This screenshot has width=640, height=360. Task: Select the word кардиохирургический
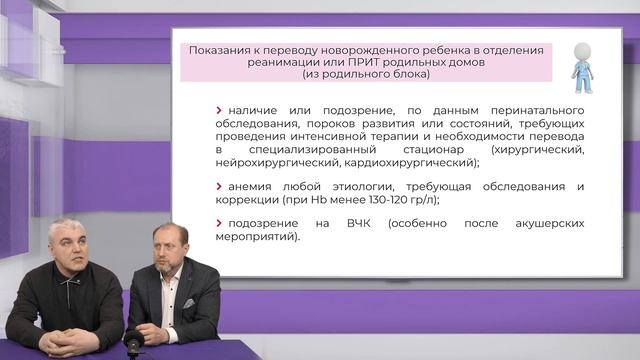pyautogui.click(x=415, y=162)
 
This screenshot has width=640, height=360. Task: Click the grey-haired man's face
pyautogui.click(x=69, y=248)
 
